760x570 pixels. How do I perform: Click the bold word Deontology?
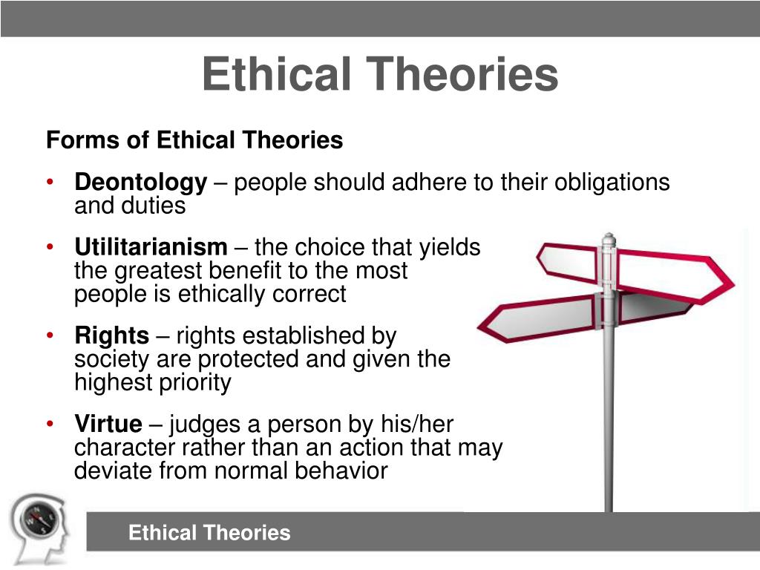[140, 183]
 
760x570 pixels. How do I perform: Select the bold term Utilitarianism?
[151, 247]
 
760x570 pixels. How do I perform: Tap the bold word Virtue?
[108, 425]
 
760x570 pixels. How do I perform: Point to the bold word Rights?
[111, 336]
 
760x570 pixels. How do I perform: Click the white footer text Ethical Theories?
[209, 532]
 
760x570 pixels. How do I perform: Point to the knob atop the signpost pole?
[609, 238]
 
